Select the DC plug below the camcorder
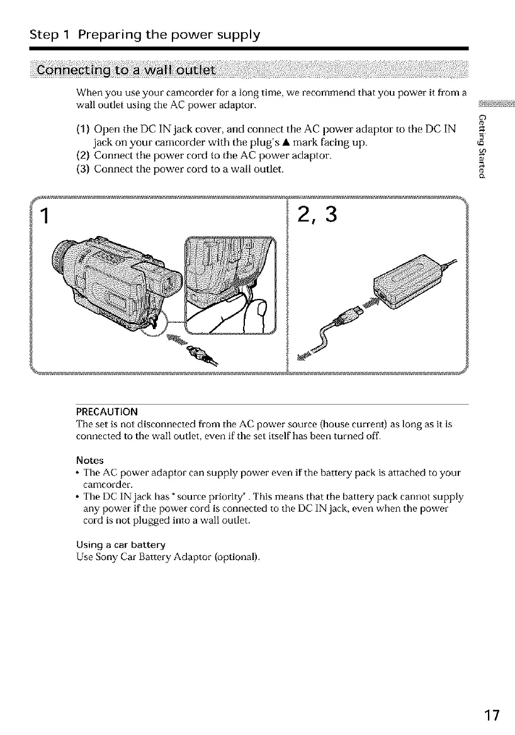[200, 353]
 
